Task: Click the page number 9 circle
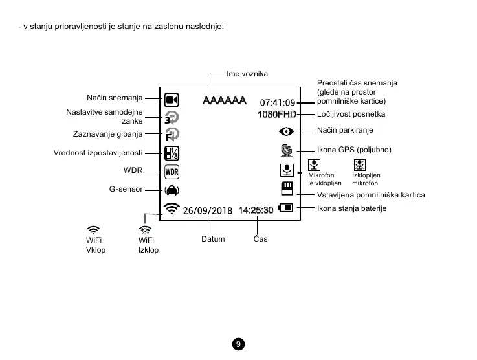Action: [x=239, y=344]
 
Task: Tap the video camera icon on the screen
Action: [x=172, y=100]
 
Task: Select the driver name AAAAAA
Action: [x=224, y=101]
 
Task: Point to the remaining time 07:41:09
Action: [x=277, y=102]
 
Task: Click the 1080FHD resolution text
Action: [x=276, y=115]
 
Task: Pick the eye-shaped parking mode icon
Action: [x=286, y=131]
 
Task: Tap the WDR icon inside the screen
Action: [x=172, y=172]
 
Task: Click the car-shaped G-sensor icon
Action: [x=172, y=190]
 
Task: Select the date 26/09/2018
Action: [x=207, y=210]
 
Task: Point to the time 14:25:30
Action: [x=256, y=210]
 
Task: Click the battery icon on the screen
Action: [x=285, y=208]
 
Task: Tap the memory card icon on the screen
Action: [x=287, y=188]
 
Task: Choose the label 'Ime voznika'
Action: [x=247, y=74]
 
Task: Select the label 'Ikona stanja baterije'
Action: [x=351, y=208]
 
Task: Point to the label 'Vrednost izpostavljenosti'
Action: [x=98, y=153]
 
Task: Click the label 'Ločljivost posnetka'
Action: [x=351, y=114]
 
